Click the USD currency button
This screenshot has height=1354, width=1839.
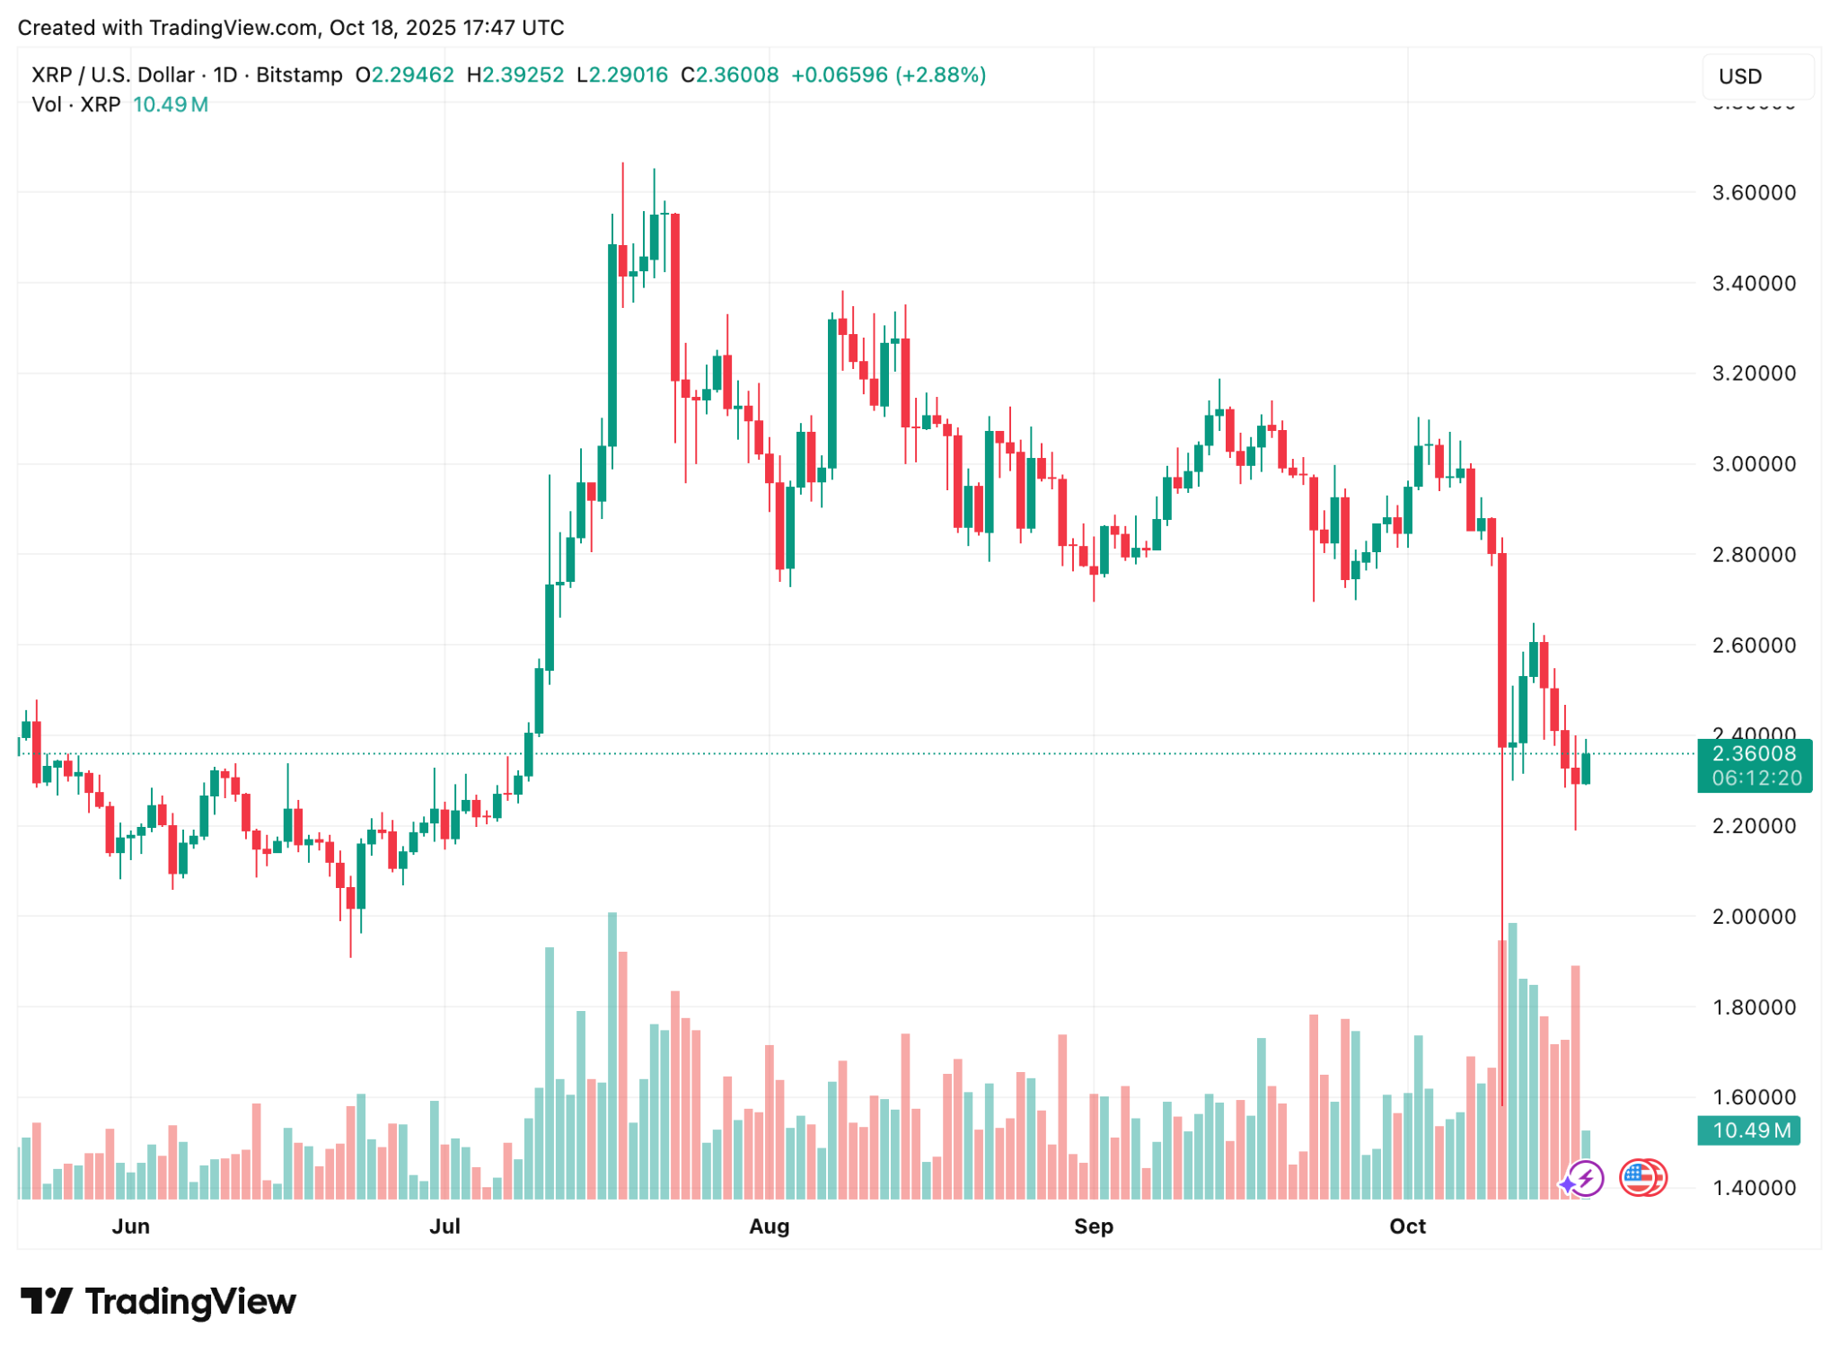(1755, 76)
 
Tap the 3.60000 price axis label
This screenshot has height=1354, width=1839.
(1754, 192)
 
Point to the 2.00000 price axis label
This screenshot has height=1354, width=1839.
(1754, 916)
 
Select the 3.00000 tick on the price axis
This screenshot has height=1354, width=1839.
(1754, 463)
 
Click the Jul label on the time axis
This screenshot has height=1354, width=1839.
(444, 1226)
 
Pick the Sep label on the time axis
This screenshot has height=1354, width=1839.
(1093, 1226)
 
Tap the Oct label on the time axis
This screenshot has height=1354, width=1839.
(1407, 1226)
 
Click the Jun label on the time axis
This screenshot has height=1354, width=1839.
(130, 1226)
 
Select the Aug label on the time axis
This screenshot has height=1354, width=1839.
(769, 1226)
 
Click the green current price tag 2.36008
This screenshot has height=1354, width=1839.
(1754, 754)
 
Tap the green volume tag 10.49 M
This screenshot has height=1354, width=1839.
(1752, 1130)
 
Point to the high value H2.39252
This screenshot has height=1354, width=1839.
(515, 75)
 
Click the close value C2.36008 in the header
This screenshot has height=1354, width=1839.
(729, 75)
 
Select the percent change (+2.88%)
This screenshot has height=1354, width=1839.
(939, 75)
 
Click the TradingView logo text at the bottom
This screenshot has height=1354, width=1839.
(190, 1301)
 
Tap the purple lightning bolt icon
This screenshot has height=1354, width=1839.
(1585, 1178)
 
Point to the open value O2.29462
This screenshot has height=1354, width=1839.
(405, 75)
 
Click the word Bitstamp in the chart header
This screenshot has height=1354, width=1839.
(299, 75)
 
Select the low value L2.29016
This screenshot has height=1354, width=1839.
(622, 75)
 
